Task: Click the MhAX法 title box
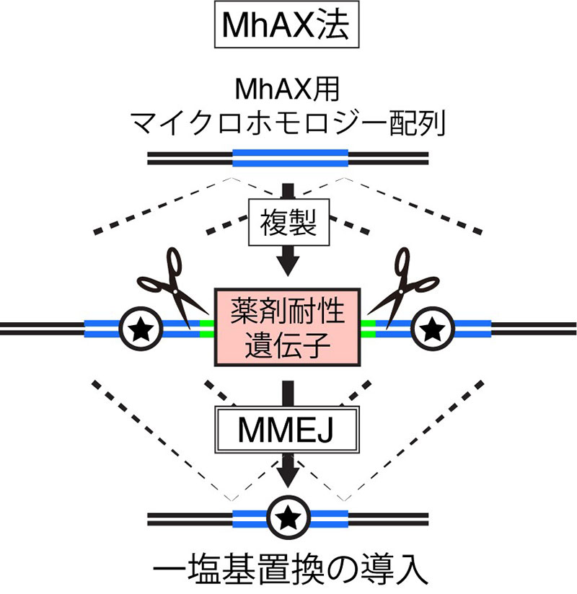coord(288,27)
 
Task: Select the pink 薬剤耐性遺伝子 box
coord(288,327)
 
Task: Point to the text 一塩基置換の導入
coord(288,569)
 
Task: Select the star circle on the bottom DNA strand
coord(288,517)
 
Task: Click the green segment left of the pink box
coord(207,329)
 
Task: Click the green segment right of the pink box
coord(369,329)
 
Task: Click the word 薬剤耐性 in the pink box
coord(288,311)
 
